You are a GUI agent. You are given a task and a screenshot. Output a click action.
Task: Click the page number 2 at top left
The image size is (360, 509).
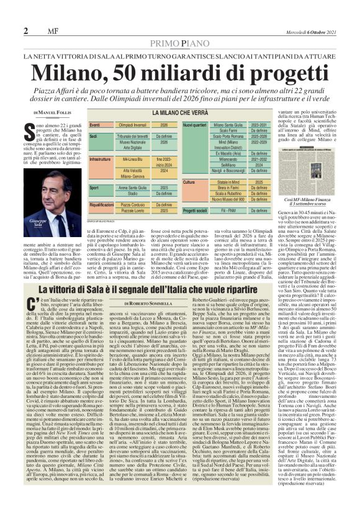(25, 31)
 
